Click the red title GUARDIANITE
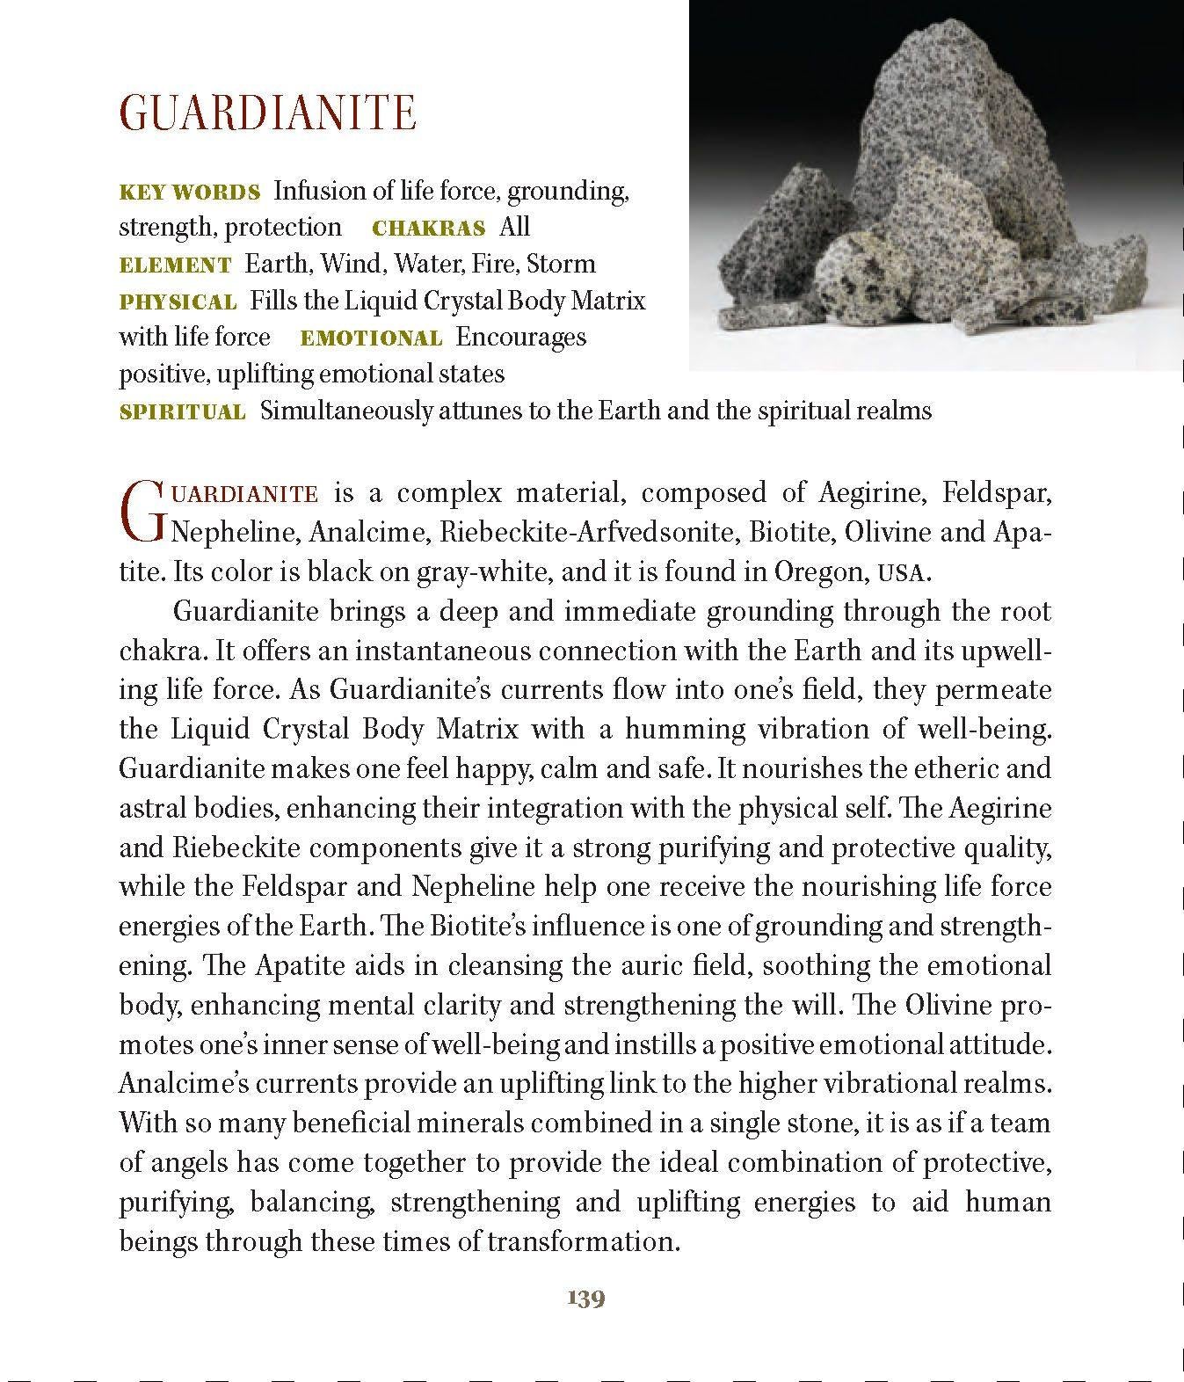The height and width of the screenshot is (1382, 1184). click(x=267, y=113)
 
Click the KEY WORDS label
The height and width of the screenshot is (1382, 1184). click(x=189, y=192)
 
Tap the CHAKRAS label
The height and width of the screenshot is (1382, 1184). click(x=429, y=229)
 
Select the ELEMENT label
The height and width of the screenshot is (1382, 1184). click(x=175, y=265)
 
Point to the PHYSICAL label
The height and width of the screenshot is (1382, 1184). click(x=178, y=302)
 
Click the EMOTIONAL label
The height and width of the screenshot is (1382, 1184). click(x=371, y=338)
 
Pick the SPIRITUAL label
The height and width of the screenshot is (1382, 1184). click(x=182, y=412)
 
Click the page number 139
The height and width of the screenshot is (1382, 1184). click(x=586, y=1298)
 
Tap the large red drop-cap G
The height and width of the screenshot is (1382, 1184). click(x=142, y=511)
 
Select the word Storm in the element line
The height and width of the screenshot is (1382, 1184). click(x=561, y=265)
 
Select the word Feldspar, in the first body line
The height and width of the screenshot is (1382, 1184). click(x=997, y=493)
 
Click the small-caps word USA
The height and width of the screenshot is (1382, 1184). click(x=902, y=574)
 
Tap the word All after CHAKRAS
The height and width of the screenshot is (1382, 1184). click(x=514, y=228)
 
